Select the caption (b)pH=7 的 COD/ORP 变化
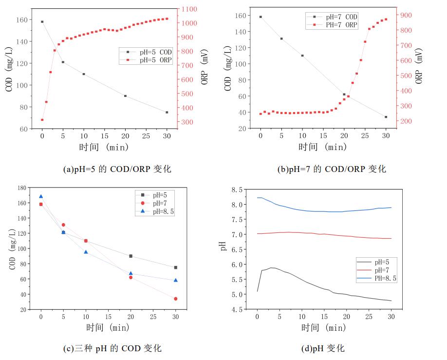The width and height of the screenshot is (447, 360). [x=331, y=169]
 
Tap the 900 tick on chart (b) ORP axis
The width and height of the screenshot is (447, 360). [x=406, y=15]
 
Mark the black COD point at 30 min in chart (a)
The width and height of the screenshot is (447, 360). [x=167, y=113]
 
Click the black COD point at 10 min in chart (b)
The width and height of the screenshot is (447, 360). [x=302, y=56]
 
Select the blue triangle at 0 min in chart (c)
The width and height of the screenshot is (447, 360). [x=41, y=196]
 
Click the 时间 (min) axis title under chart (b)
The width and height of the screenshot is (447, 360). [x=323, y=147]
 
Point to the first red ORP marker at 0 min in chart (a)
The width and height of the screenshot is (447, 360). [x=42, y=120]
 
